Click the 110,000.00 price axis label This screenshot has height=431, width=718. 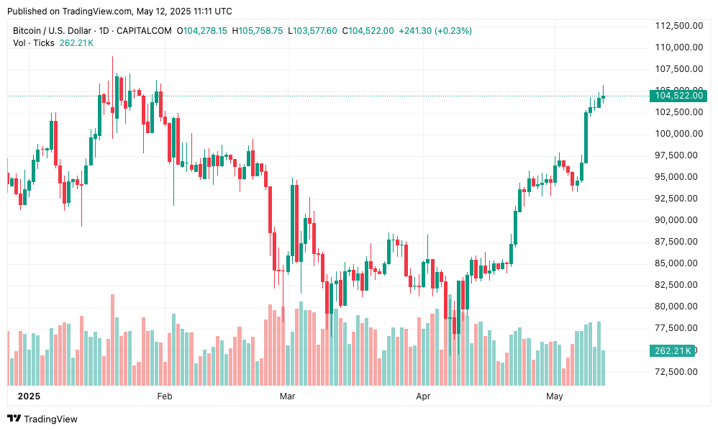point(678,47)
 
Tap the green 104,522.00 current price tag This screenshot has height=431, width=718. point(678,96)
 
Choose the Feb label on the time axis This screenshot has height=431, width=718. point(165,396)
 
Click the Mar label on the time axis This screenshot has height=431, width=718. point(288,396)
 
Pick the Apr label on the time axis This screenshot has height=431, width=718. point(424,396)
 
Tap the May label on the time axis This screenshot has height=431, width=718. point(554,396)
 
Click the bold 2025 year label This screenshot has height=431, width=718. point(29,396)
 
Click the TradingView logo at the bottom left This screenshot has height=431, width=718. point(42,419)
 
